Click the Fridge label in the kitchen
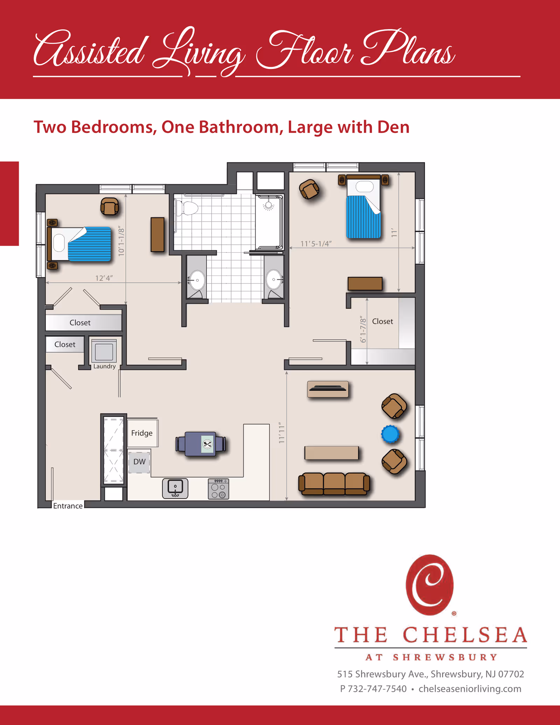[x=142, y=433]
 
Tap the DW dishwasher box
[x=139, y=462]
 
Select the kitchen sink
[x=175, y=488]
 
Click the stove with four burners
[x=218, y=489]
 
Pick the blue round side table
[x=390, y=434]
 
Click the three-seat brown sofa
[x=334, y=484]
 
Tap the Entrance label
[x=68, y=506]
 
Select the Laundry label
[x=104, y=366]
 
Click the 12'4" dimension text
[x=104, y=278]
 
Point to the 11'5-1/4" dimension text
[x=316, y=244]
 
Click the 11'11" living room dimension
[x=282, y=433]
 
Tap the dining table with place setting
[x=201, y=444]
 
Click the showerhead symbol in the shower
[x=268, y=206]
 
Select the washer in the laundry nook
[x=104, y=351]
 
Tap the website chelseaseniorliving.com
[x=470, y=689]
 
